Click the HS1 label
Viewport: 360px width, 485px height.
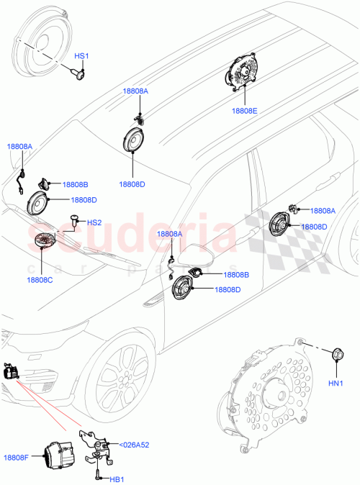tap(81, 55)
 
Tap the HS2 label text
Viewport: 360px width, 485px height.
tap(94, 223)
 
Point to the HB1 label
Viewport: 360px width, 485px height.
tap(117, 479)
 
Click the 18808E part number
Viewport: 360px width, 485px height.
tap(244, 112)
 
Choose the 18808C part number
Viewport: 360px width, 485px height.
tap(40, 279)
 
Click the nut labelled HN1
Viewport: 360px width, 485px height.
tap(335, 353)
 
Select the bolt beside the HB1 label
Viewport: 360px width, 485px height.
tap(95, 475)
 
